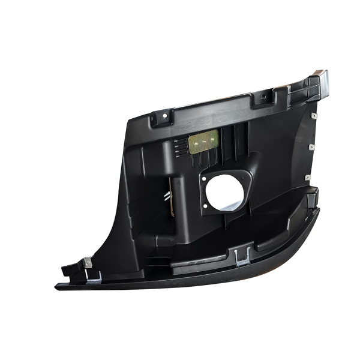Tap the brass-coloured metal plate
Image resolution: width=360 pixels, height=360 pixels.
click(203, 142)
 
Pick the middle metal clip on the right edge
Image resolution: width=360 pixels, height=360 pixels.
click(310, 146)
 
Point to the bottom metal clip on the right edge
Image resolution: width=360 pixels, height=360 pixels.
click(307, 177)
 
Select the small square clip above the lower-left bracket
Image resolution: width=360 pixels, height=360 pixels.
click(88, 262)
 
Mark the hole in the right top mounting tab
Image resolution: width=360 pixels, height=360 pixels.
click(265, 97)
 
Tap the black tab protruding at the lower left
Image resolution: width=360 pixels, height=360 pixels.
click(70, 271)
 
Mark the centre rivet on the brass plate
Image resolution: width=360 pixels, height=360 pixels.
click(203, 142)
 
